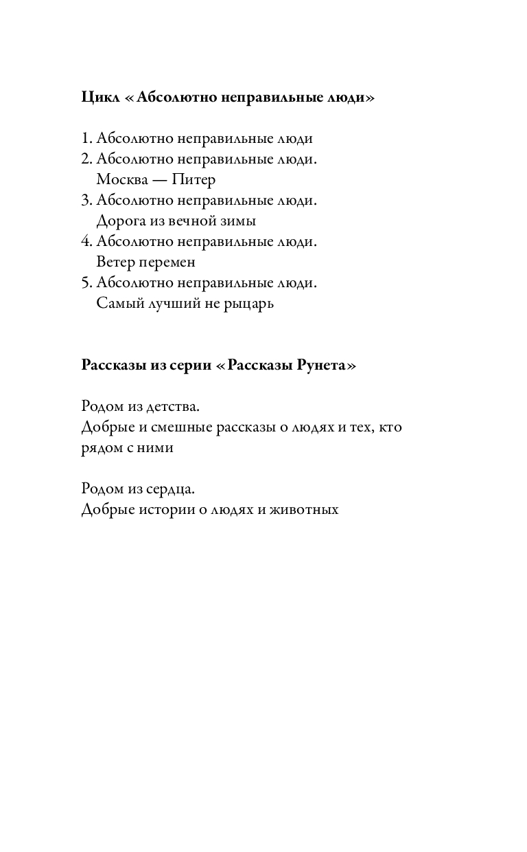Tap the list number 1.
(85, 139)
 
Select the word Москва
(121, 180)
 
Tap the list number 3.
(86, 201)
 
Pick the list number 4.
(86, 242)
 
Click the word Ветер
(115, 262)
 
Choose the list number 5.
(86, 283)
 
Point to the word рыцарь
(248, 304)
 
